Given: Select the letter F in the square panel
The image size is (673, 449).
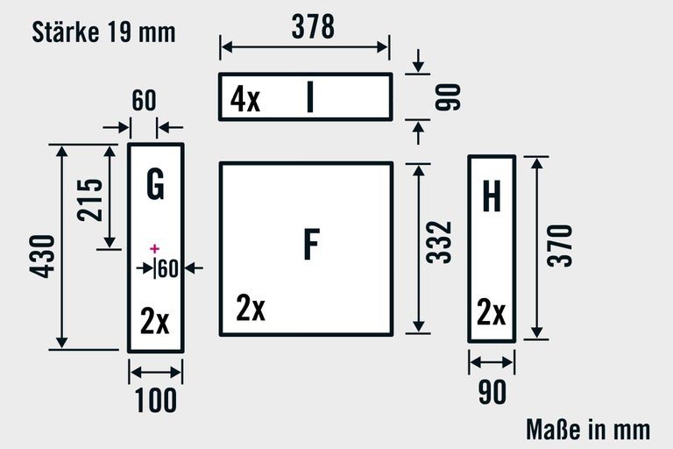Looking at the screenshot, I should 310,245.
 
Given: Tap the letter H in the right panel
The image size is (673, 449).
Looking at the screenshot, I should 492,198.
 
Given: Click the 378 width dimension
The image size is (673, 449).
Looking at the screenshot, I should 313,27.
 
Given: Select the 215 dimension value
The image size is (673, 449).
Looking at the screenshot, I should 89,200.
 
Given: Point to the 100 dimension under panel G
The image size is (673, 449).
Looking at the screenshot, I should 156,401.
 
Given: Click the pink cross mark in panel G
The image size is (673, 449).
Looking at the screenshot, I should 155,249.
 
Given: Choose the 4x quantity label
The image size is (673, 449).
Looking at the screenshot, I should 245,99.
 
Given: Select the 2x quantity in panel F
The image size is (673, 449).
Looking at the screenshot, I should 251,309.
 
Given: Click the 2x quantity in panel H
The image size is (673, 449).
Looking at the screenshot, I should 491,313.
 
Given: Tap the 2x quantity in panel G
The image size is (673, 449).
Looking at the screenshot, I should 155,323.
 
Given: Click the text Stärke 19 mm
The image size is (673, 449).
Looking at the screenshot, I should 103,32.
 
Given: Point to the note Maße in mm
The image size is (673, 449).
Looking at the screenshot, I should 588,429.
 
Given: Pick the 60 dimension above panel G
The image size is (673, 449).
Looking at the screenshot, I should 144,100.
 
